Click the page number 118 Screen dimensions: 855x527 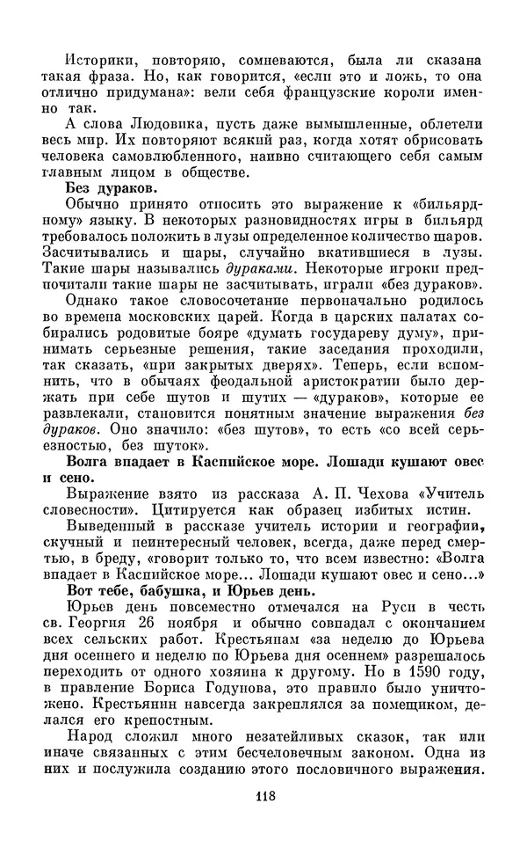262,797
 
